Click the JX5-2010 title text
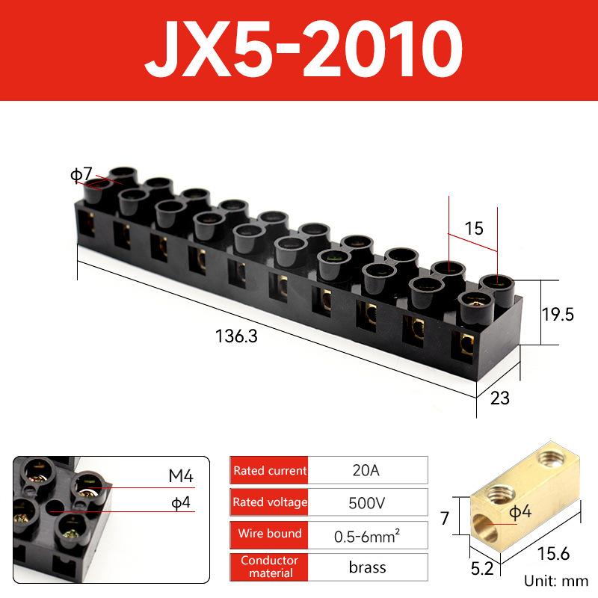[x=299, y=52]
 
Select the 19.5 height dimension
[x=558, y=315]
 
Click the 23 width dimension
[x=499, y=398]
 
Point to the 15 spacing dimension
[x=474, y=229]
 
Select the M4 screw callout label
[x=180, y=476]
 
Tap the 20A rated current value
[x=367, y=470]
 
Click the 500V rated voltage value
[x=367, y=502]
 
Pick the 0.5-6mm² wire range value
[x=367, y=534]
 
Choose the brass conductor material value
[x=367, y=567]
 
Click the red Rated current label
[x=270, y=471]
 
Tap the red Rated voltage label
[x=270, y=502]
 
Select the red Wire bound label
[x=270, y=534]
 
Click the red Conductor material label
[x=270, y=566]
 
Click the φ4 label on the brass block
[x=520, y=513]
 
